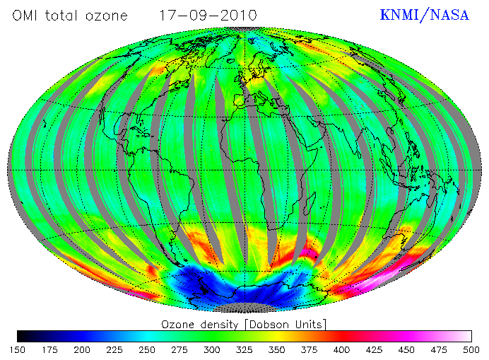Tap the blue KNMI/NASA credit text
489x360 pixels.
click(x=424, y=15)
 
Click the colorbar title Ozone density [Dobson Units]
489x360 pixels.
click(x=244, y=324)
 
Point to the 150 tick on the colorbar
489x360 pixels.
click(x=17, y=349)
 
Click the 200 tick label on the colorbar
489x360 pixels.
click(x=81, y=349)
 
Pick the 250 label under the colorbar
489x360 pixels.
click(x=146, y=349)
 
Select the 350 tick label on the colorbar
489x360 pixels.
click(x=276, y=349)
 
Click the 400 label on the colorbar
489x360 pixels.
click(x=341, y=349)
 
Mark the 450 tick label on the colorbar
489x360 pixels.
click(x=406, y=349)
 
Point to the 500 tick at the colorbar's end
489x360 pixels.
click(x=471, y=349)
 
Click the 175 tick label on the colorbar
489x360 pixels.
click(x=49, y=349)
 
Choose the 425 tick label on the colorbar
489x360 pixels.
click(x=374, y=349)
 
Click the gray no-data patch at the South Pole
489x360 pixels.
click(x=245, y=307)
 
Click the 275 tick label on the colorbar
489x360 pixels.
click(x=179, y=349)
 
